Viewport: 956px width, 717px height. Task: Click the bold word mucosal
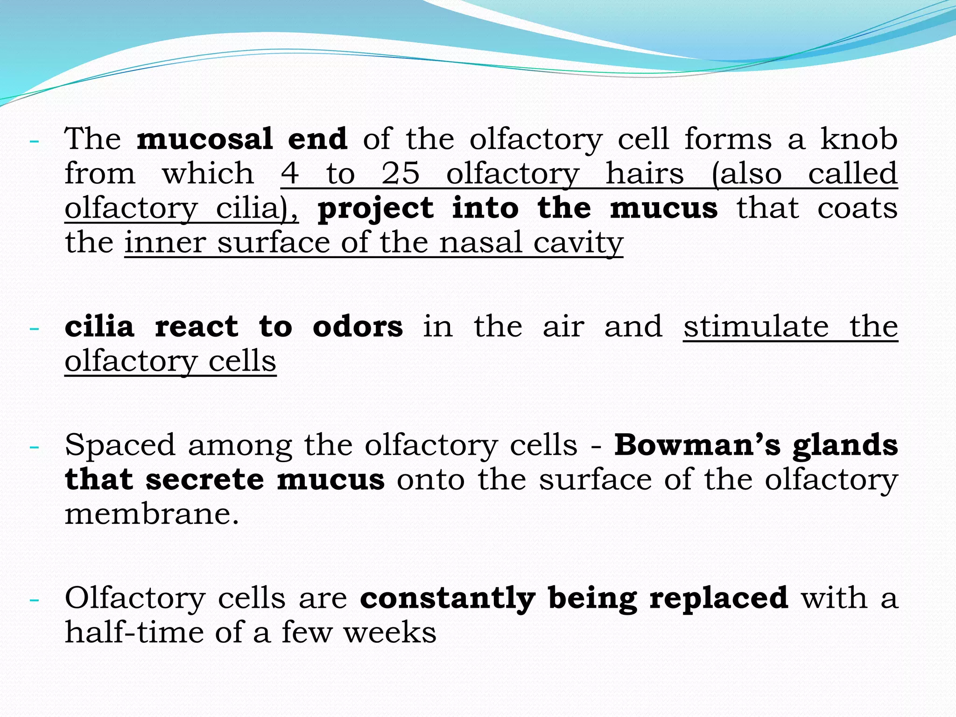(x=204, y=139)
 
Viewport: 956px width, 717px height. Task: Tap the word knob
(x=859, y=139)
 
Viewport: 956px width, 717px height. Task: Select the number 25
(x=401, y=174)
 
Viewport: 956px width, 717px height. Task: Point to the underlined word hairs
(x=645, y=174)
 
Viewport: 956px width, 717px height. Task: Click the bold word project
(x=376, y=208)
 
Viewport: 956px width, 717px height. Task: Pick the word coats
(x=857, y=208)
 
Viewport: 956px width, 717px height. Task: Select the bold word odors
(x=358, y=327)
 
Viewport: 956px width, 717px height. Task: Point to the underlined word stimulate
(x=756, y=327)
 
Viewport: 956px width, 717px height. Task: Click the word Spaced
(x=120, y=445)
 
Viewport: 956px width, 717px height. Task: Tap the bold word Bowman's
(x=697, y=445)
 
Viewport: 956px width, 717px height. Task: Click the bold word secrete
(x=205, y=480)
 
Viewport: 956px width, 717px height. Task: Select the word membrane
(x=152, y=514)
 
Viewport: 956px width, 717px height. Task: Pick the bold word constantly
(x=447, y=598)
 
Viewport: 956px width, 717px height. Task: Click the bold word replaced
(x=719, y=598)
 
